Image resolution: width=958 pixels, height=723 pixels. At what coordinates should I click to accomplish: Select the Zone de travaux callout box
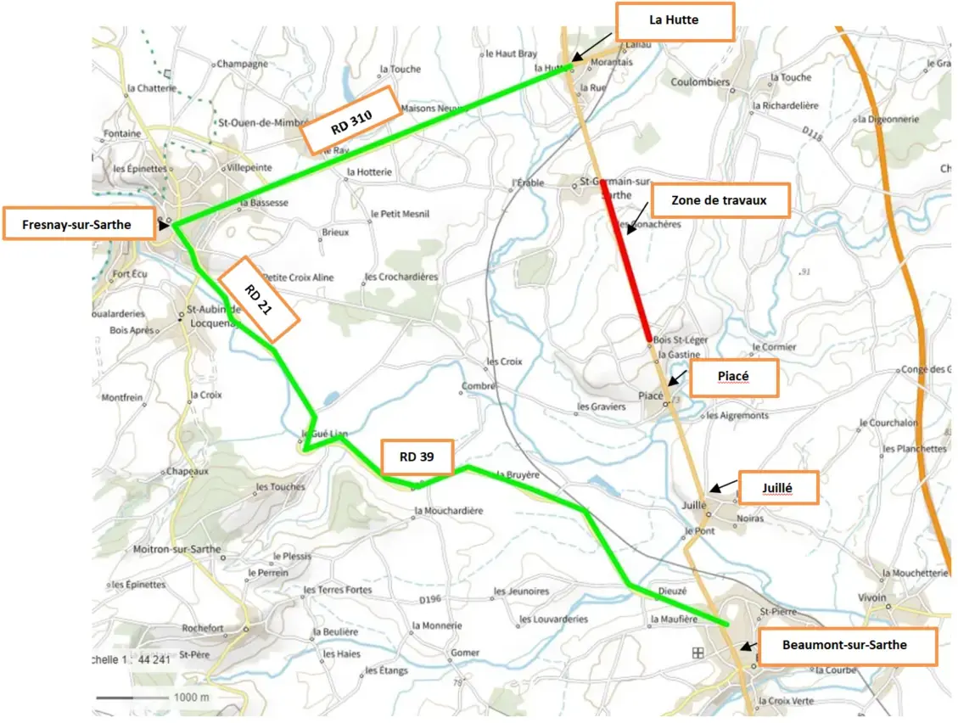[719, 200]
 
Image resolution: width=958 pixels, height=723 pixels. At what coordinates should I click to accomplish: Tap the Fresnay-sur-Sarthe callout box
[79, 225]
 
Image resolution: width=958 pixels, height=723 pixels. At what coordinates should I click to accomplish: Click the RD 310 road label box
[351, 120]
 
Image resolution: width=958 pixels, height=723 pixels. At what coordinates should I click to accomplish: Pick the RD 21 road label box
[259, 300]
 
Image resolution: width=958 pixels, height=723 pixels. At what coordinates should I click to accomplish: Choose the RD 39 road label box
[417, 457]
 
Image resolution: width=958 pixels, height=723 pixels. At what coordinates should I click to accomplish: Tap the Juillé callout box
[778, 487]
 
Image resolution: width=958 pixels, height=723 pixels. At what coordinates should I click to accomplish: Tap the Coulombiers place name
[700, 82]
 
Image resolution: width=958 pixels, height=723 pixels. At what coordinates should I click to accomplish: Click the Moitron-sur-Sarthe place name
[176, 549]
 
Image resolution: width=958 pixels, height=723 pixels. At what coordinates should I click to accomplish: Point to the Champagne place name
[242, 64]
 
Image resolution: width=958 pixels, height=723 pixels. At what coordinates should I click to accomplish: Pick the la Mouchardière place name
[448, 511]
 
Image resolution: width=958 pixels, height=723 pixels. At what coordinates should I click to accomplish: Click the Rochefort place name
[202, 628]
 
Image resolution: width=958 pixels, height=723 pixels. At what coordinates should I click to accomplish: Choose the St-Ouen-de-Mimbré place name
[262, 122]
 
